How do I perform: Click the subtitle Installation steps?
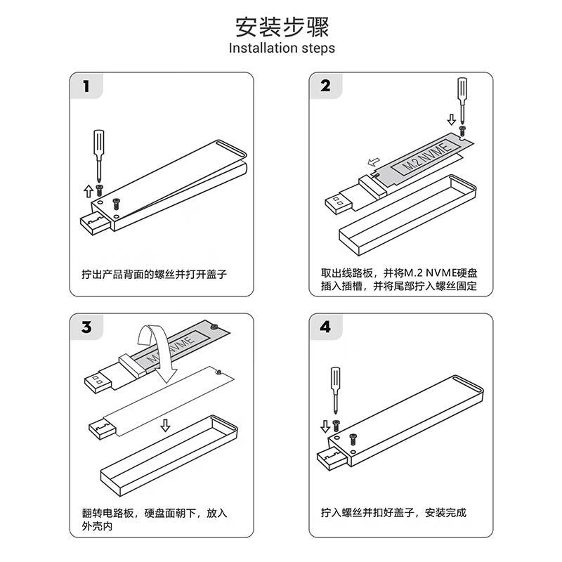[282, 48]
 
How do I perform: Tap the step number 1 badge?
[86, 86]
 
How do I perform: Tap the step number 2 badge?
[325, 86]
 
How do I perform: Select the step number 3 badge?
[86, 327]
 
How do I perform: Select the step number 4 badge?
[325, 327]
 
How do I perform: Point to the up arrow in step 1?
[88, 190]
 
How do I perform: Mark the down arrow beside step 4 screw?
[325, 426]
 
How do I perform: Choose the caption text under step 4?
[393, 513]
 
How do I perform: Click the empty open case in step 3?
[169, 457]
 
